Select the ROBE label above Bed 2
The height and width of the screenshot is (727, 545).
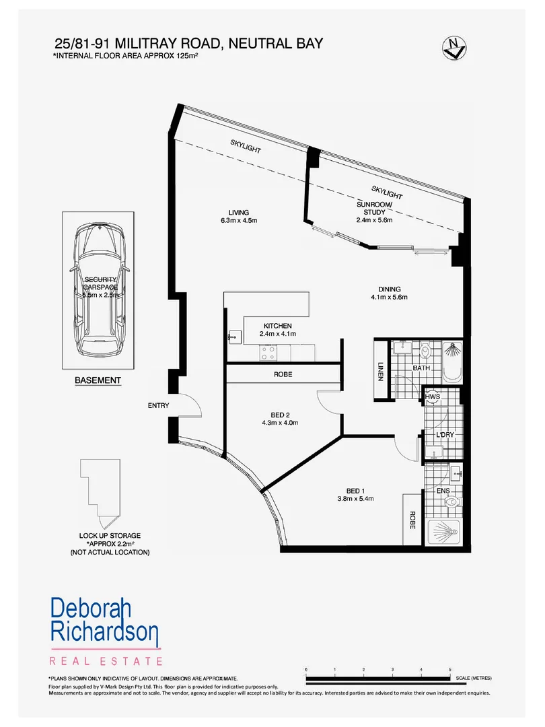click(x=283, y=374)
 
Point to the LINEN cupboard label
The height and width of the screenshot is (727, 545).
click(x=380, y=370)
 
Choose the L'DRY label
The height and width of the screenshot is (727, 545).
click(x=445, y=435)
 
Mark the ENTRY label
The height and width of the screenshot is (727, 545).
click(x=158, y=405)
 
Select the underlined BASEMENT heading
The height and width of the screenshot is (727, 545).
click(x=98, y=380)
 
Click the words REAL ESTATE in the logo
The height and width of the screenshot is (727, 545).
click(x=106, y=661)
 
